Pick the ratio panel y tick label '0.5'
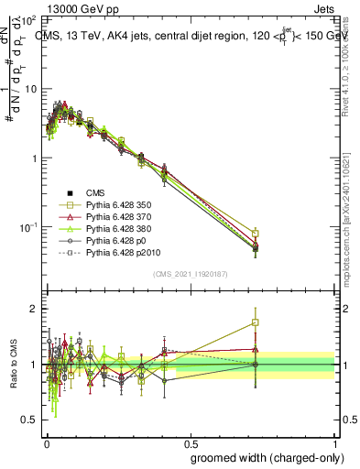click(x=27, y=420)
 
